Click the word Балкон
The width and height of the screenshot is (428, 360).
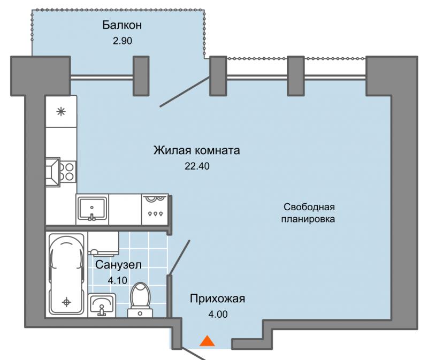coord(122,25)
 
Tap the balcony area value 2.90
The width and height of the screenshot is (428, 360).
coord(123,41)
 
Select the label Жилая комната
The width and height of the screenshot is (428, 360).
coord(197,150)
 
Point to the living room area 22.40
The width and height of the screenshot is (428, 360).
coord(197,166)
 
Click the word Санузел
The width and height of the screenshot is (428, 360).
coord(118,265)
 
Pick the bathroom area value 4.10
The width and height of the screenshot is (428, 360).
coord(118,280)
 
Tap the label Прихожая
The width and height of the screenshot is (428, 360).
coord(218,298)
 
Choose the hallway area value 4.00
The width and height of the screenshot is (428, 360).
coord(218,315)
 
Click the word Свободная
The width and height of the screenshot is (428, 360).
coord(309,207)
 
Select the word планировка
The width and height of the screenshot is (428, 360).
coord(308,219)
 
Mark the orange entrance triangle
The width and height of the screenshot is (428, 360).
coord(207,341)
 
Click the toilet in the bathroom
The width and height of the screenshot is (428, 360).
coord(140,300)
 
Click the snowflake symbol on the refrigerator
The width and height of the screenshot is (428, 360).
coord(61,112)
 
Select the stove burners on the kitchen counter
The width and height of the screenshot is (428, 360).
coord(67,172)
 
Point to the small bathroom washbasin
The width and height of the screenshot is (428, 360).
coord(102,305)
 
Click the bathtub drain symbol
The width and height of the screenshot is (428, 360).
coord(66,302)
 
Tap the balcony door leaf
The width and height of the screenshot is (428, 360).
coord(185,91)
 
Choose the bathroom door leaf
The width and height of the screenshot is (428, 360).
coord(179,257)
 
